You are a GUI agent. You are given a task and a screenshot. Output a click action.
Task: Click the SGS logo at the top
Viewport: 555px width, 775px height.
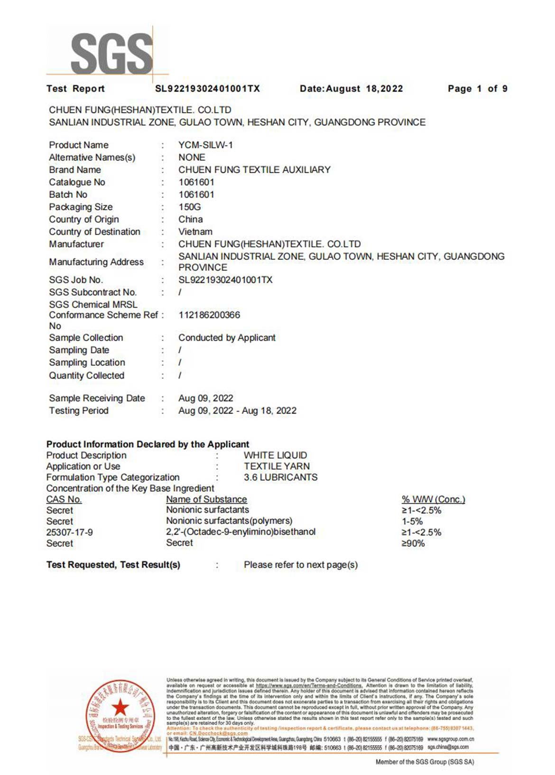point(112,53)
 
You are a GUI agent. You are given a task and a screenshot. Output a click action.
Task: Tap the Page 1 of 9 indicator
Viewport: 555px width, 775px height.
point(477,89)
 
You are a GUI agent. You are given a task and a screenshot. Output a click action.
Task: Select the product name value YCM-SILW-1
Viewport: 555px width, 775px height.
point(205,145)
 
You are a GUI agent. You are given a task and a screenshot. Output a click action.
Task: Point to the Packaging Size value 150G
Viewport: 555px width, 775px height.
point(190,207)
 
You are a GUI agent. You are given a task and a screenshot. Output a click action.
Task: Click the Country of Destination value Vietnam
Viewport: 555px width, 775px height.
point(195,232)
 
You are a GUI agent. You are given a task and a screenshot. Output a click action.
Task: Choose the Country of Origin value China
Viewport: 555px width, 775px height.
point(191,219)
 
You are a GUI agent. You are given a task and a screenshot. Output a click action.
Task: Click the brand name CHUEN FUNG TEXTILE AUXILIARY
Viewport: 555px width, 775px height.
point(254,170)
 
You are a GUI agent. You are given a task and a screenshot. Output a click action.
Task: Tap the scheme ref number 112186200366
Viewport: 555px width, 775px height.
point(209,315)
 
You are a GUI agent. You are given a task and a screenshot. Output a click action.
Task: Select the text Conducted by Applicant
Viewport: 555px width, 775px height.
point(227,338)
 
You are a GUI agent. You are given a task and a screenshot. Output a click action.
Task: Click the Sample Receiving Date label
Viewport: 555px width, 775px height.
point(97,398)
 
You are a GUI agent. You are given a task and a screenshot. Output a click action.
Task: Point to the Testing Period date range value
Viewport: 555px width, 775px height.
point(237,411)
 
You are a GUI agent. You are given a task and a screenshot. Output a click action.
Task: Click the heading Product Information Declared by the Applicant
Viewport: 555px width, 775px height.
point(148,444)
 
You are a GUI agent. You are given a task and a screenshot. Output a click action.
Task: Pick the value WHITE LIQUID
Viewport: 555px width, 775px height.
point(275,455)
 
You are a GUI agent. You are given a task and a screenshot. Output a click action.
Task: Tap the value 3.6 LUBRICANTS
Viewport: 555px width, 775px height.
point(280,477)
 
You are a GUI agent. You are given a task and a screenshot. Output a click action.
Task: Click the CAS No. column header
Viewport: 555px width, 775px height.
point(64,499)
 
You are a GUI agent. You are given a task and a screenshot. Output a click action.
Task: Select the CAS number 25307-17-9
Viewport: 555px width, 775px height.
point(70,532)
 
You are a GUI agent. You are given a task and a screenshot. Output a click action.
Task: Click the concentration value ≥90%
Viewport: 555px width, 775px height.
point(413,543)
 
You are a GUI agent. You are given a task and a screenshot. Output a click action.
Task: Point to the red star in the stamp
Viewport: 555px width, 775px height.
point(120,707)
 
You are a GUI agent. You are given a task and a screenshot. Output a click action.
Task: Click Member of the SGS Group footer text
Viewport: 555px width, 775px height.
point(425,762)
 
